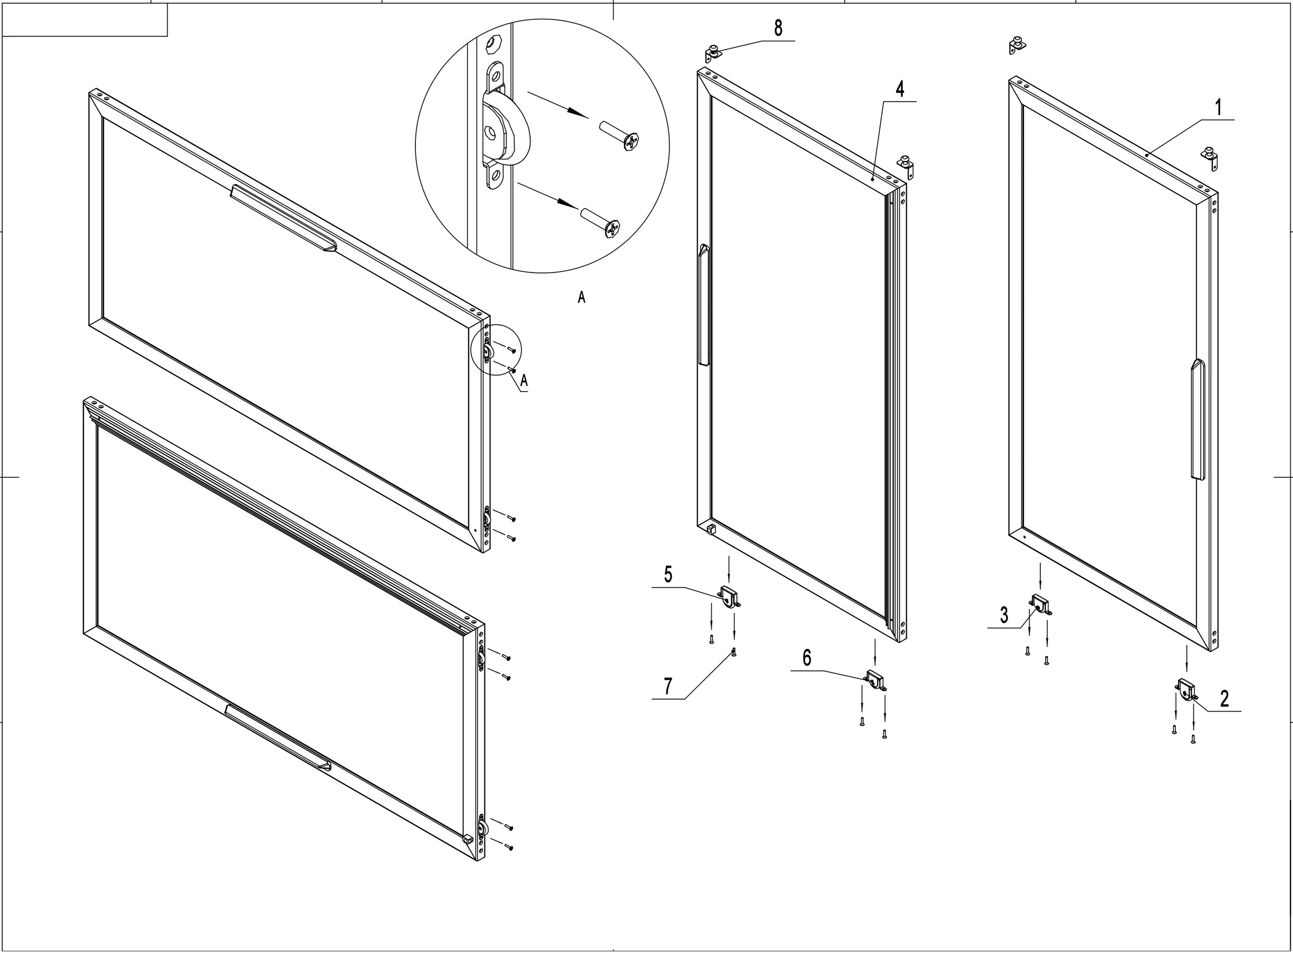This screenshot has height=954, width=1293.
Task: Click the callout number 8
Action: click(x=778, y=27)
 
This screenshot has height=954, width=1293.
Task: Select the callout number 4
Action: click(x=900, y=89)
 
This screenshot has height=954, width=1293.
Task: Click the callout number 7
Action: click(x=668, y=686)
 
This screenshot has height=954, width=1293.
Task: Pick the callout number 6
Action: click(x=807, y=658)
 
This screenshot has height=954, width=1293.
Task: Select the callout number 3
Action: click(x=1004, y=616)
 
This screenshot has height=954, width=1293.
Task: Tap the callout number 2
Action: click(x=1224, y=699)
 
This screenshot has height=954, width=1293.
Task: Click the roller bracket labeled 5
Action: click(x=728, y=596)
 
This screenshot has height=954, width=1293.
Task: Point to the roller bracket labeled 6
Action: click(x=875, y=680)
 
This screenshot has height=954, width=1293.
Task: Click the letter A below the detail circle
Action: click(x=581, y=297)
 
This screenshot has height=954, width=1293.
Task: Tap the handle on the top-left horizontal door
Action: click(x=282, y=218)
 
